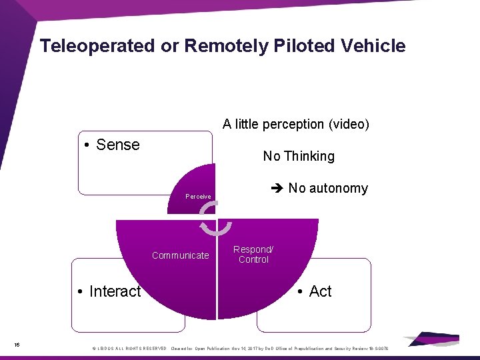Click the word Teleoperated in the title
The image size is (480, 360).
click(x=97, y=46)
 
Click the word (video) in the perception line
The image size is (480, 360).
click(x=347, y=124)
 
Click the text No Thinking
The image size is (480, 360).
click(x=299, y=156)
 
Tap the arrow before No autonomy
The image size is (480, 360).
click(x=278, y=188)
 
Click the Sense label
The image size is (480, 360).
click(x=117, y=145)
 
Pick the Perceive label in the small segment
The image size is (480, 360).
click(x=198, y=197)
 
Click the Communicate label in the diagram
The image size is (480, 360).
click(x=180, y=255)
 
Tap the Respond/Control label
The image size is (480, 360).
click(x=253, y=254)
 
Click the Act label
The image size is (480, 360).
click(x=320, y=291)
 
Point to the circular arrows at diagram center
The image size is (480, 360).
click(x=216, y=219)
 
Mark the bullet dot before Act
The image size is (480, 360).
click(x=301, y=292)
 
